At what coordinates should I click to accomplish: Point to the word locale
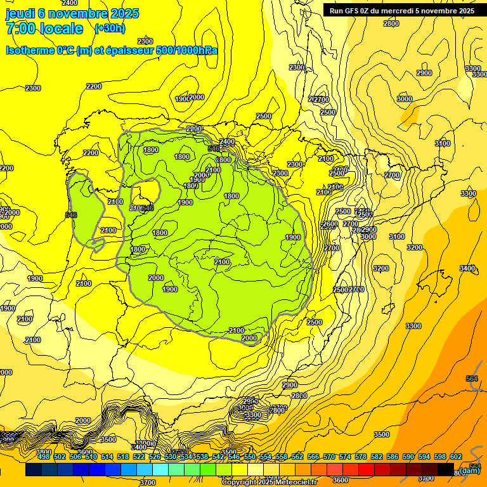62,29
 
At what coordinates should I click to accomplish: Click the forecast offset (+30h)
110,29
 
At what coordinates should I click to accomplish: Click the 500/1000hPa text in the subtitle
186,50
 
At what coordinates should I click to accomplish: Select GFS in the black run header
356,10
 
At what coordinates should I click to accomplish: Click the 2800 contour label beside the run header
391,23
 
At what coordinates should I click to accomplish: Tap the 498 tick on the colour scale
44,457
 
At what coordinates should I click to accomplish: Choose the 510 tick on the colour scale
91,457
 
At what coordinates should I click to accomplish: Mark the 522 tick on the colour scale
139,457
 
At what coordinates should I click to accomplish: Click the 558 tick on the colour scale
282,457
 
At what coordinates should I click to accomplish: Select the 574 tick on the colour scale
345,457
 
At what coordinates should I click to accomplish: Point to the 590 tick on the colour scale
408,457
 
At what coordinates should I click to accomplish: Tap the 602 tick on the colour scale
456,457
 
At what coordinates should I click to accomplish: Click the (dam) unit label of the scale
470,471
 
